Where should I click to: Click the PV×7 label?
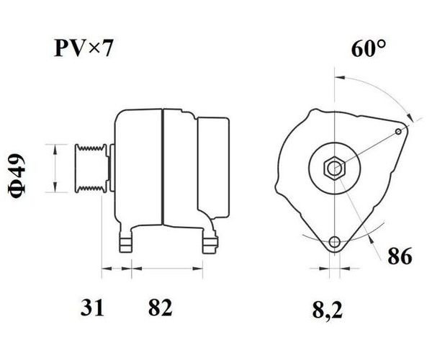tap(84, 48)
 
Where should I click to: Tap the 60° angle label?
tap(368, 48)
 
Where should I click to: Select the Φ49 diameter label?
tap(17, 176)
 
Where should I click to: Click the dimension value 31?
tap(92, 307)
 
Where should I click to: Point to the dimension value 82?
tap(160, 307)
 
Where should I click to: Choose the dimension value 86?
tap(400, 256)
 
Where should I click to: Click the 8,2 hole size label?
tap(328, 309)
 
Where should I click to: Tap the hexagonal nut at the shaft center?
tap(335, 168)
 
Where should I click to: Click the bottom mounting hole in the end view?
tap(335, 243)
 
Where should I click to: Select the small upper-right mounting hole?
tap(398, 131)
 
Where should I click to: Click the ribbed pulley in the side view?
tap(91, 168)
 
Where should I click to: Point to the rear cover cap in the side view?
tap(213, 168)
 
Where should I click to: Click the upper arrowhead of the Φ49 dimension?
tap(55, 149)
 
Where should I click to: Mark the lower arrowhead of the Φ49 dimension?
tap(55, 187)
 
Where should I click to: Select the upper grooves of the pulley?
tap(91, 148)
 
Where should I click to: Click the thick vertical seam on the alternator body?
tap(163, 168)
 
